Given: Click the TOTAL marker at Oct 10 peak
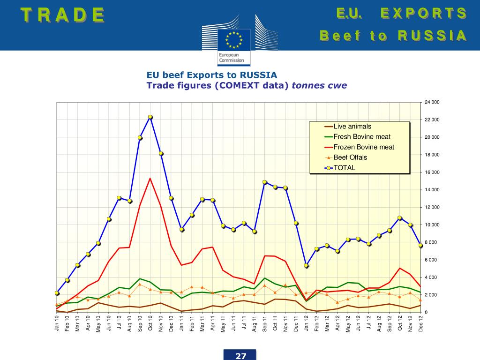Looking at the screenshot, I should [150, 117].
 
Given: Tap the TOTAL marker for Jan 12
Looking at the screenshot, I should [306, 265].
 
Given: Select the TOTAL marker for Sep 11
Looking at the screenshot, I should [265, 182].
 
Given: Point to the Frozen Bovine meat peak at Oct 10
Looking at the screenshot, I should [150, 178].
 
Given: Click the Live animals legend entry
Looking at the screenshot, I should [352, 127].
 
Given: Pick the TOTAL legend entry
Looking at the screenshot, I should [344, 168].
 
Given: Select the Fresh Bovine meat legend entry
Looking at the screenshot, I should [361, 137].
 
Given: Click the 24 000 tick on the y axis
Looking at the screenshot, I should [432, 102].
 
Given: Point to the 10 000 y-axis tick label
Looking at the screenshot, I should [432, 225].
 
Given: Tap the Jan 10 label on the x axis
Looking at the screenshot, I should [57, 323].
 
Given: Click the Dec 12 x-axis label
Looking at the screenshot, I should [421, 323].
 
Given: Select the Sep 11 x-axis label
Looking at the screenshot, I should [265, 323].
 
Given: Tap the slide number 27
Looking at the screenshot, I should [240, 356].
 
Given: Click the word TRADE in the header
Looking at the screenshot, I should [62, 15].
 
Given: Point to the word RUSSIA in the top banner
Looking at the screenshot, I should [432, 36].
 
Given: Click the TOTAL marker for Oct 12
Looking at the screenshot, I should [400, 218].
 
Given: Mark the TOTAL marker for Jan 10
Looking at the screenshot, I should [57, 293].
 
